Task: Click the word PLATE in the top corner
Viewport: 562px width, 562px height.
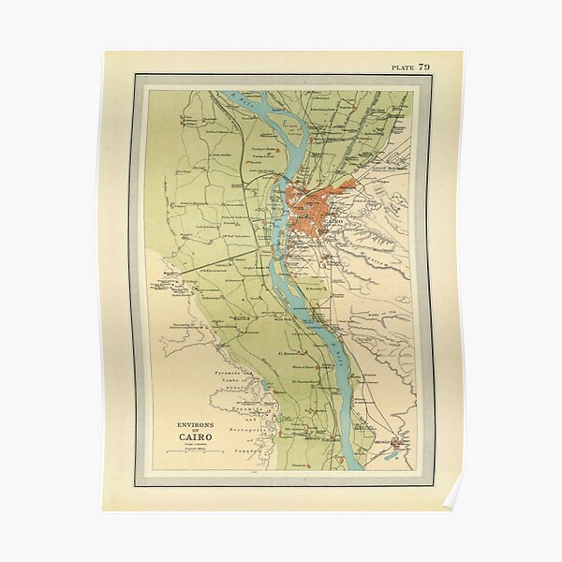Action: click(x=402, y=67)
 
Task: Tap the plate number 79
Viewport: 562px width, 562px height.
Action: click(x=424, y=67)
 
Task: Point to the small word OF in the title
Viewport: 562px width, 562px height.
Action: click(x=195, y=431)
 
